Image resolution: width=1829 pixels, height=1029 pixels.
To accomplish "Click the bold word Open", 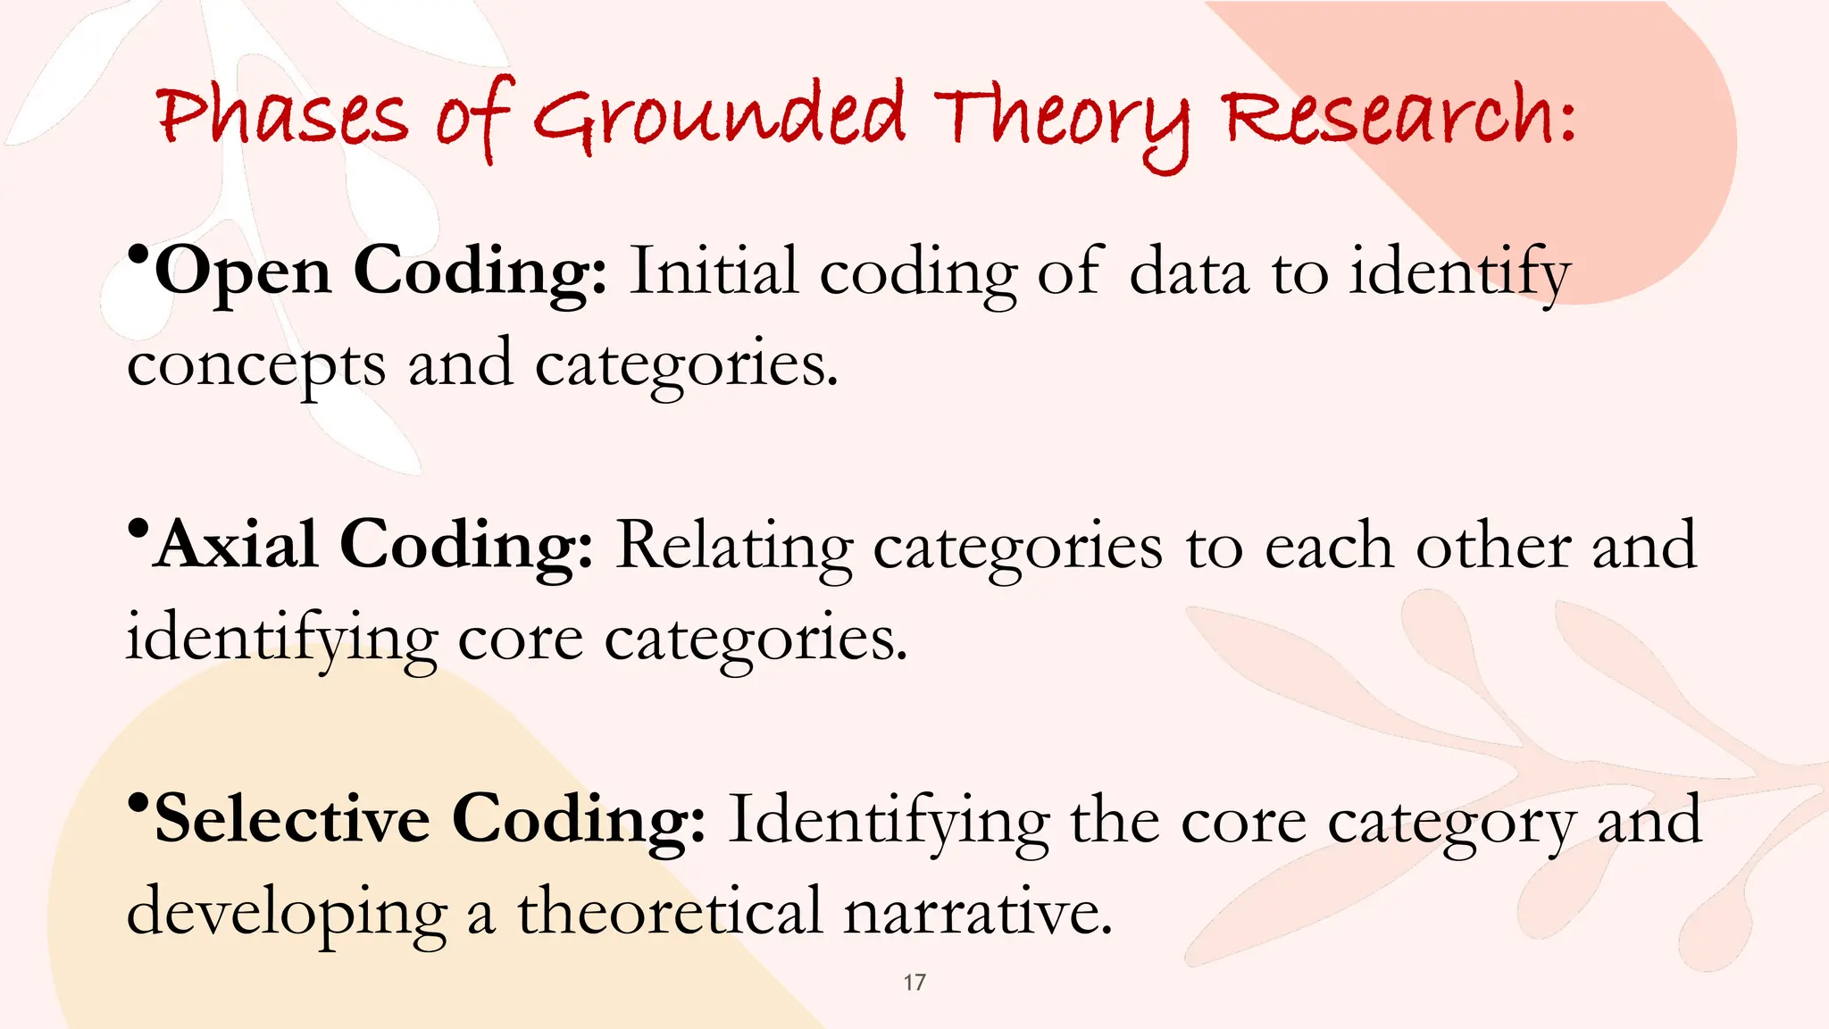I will pos(243,272).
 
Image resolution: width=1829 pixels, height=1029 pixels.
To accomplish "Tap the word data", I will pos(1189,272).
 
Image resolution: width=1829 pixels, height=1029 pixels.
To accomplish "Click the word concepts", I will pos(256,366).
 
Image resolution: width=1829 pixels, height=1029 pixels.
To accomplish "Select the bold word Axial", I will pos(237,545).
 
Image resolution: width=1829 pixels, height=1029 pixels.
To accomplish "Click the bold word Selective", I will pos(292,819).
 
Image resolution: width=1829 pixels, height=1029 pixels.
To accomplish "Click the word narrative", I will pos(978,913).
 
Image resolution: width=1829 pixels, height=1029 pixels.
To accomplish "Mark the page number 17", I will pos(914,983).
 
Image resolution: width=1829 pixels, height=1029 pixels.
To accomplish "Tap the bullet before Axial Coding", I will pos(138,530).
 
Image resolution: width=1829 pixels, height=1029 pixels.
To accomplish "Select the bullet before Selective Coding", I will pos(138,803).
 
